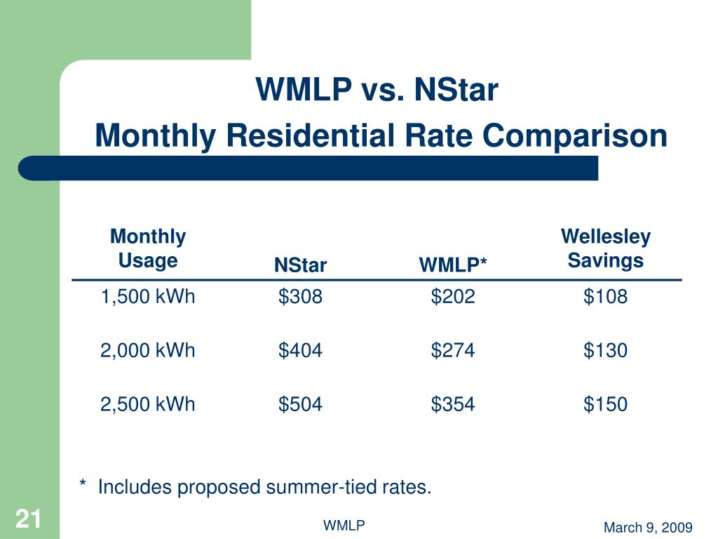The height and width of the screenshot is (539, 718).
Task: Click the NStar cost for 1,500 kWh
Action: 300,297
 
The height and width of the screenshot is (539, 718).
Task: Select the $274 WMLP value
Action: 453,350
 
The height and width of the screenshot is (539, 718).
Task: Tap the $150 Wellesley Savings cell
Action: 605,404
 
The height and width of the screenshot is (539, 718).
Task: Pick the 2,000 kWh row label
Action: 148,350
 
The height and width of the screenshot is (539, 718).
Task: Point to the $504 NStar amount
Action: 300,404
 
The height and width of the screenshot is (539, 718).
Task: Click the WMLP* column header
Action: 453,265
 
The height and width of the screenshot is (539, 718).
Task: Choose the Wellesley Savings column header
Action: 605,249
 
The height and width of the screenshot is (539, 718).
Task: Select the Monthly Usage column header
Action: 148,249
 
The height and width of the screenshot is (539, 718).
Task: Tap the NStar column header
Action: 300,265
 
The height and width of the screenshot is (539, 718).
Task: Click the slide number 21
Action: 29,520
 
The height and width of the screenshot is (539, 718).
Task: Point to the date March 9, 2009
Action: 648,528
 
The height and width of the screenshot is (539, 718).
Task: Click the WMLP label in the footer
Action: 344,526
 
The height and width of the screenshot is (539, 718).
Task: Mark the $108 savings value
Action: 605,297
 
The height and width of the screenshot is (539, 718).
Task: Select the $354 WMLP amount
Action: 453,404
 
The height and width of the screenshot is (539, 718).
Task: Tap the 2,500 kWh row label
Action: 148,404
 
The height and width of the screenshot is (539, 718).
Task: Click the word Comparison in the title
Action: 575,136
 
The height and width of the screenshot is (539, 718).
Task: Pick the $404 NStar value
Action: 300,350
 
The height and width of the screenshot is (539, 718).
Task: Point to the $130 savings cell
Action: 605,350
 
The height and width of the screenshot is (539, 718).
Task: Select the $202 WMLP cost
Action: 453,297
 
